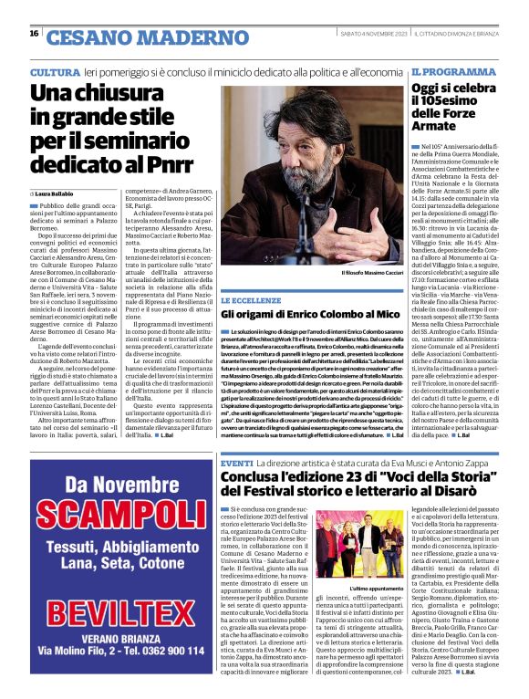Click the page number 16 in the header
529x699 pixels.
pyautogui.click(x=33, y=34)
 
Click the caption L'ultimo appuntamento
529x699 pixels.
pyautogui.click(x=374, y=589)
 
